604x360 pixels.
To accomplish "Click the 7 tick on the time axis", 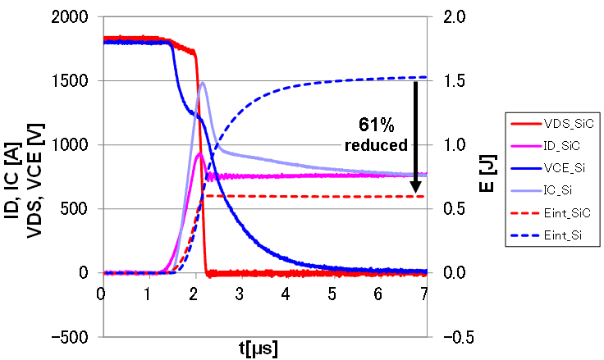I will pyautogui.click(x=424, y=293).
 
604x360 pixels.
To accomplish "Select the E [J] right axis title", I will pyautogui.click(x=487, y=175).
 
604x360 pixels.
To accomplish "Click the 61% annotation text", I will pyautogui.click(x=377, y=125).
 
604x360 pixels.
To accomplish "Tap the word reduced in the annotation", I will pyautogui.click(x=377, y=145).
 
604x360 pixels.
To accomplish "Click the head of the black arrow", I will pyautogui.click(x=416, y=196).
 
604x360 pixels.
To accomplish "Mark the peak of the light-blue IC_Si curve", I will pyautogui.click(x=202, y=82).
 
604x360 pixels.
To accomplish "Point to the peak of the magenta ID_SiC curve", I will pyautogui.click(x=199, y=153).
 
